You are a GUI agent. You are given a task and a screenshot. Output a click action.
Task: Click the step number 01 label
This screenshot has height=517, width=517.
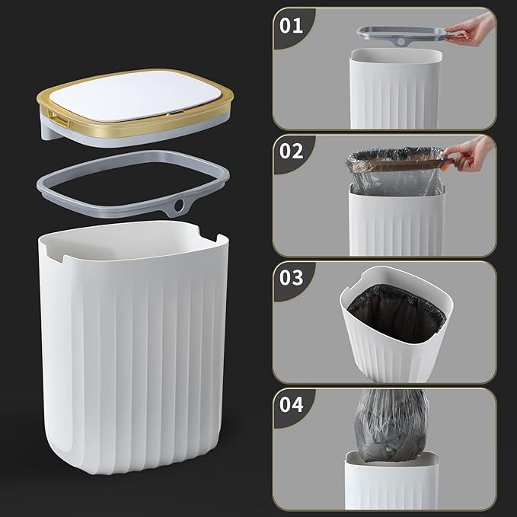pyautogui.click(x=292, y=26)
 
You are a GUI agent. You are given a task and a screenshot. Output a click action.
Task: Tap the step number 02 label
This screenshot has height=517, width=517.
pyautogui.click(x=292, y=150)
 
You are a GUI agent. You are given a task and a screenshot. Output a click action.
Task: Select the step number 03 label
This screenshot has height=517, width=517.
pyautogui.click(x=292, y=276)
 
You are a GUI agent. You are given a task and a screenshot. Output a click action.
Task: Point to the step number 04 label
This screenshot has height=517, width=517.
pyautogui.click(x=292, y=404)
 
